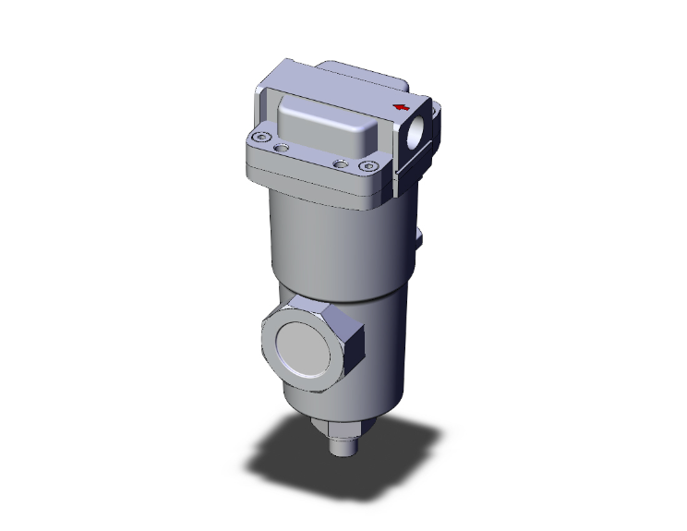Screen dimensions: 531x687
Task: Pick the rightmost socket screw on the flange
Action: (x=370, y=167)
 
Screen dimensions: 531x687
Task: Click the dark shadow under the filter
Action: (x=277, y=462)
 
